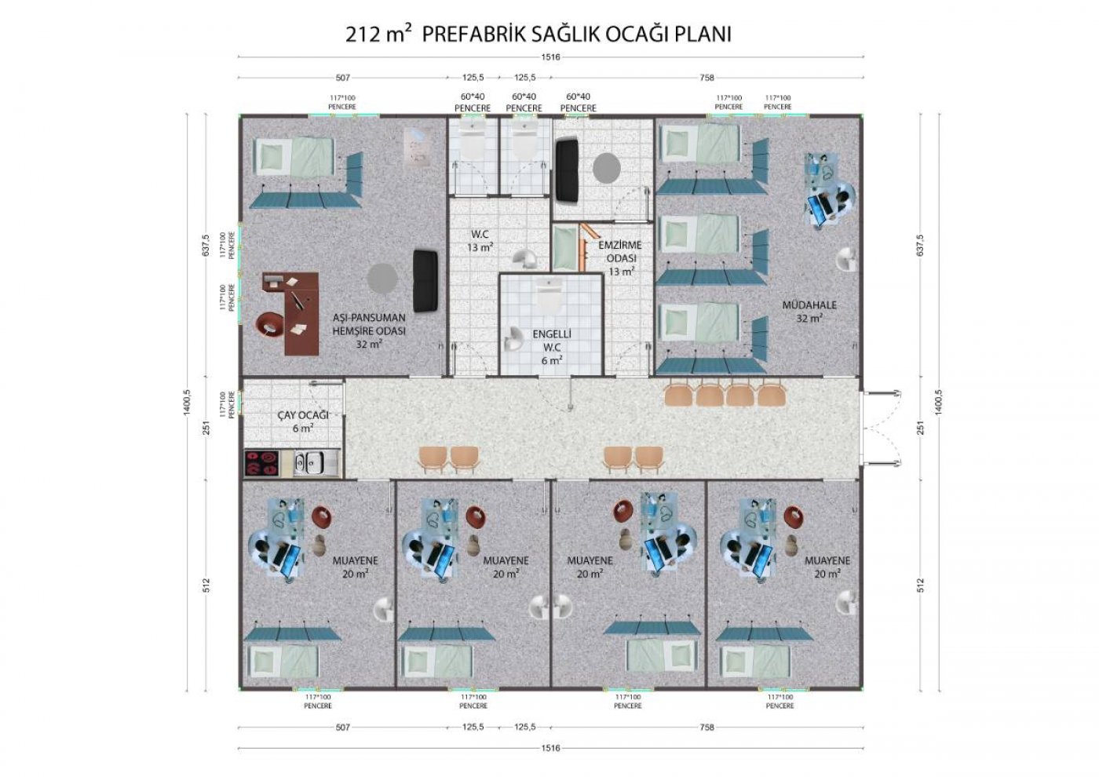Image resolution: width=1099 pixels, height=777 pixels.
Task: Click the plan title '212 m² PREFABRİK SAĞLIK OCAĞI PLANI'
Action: [x=539, y=35]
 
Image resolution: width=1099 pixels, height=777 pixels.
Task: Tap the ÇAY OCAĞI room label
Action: [x=303, y=421]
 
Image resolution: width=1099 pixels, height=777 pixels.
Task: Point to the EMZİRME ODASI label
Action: [x=621, y=258]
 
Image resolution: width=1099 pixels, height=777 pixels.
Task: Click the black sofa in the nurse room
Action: [x=425, y=281]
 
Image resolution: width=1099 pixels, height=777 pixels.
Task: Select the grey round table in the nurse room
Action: [x=382, y=278]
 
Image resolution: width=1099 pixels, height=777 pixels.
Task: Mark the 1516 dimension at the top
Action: [x=550, y=57]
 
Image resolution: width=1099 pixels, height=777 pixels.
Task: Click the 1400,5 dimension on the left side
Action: [x=187, y=403]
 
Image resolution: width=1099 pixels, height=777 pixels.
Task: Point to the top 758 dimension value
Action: [x=707, y=78]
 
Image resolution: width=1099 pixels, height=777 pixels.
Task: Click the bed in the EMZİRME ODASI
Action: [x=565, y=248]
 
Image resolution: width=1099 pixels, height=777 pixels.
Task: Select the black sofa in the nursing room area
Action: [x=567, y=170]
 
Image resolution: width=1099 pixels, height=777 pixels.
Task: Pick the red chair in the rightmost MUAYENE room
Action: [x=794, y=516]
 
